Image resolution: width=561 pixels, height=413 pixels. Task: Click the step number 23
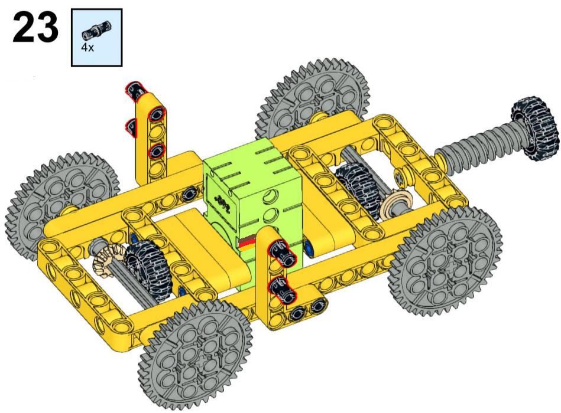[x=35, y=27]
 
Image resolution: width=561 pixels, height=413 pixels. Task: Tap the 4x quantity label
[x=87, y=47]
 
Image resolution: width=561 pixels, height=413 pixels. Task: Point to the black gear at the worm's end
[x=534, y=128]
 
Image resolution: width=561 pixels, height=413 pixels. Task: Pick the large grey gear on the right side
[x=446, y=263]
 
